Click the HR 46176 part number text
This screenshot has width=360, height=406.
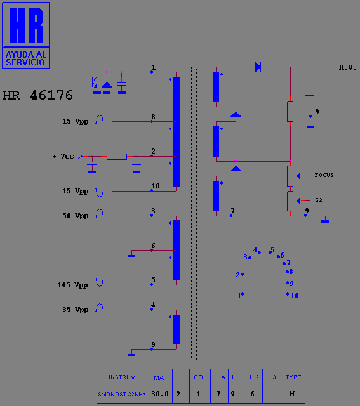[x=38, y=95]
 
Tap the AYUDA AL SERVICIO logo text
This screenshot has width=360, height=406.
[x=25, y=58]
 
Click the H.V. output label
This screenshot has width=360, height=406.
[x=347, y=68]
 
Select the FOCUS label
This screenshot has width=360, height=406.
[x=324, y=175]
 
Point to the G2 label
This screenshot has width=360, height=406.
[x=319, y=200]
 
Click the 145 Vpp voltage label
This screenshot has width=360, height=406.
[x=72, y=285]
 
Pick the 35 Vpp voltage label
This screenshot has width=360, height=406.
[x=75, y=310]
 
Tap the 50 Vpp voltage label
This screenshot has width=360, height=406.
[x=75, y=216]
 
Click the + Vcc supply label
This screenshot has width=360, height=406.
[x=63, y=156]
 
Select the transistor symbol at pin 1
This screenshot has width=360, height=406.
[x=93, y=82]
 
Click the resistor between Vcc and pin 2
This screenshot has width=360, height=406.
[x=117, y=157]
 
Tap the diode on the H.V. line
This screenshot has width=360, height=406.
[x=258, y=67]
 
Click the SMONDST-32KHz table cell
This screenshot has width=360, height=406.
[x=121, y=395]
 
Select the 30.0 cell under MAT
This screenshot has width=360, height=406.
[x=160, y=394]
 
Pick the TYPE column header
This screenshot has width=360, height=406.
[x=293, y=377]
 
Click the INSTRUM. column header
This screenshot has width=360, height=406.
[x=123, y=377]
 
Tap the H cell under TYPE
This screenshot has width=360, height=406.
[x=292, y=394]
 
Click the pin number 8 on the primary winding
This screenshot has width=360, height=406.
[x=154, y=117]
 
